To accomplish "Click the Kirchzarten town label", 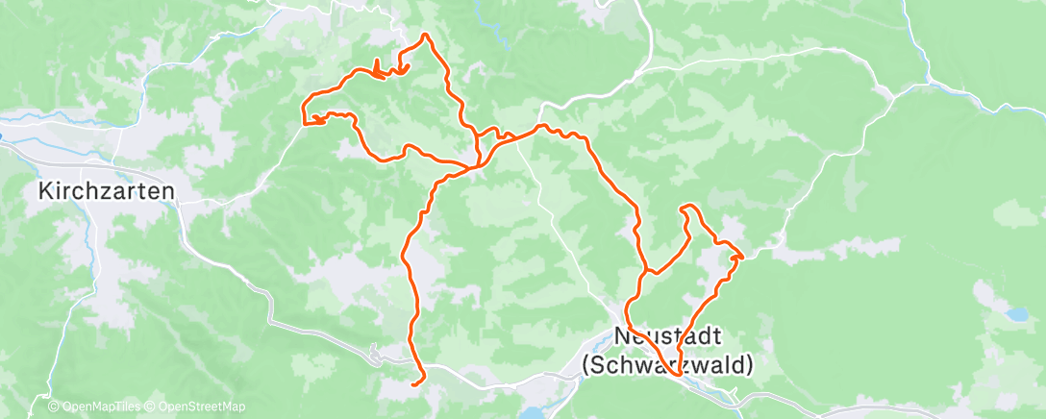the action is (107, 191).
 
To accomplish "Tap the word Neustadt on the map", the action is (667, 338).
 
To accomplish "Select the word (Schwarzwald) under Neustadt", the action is (667, 365).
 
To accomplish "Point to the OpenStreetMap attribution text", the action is (191, 407).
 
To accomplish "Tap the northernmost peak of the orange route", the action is (425, 36).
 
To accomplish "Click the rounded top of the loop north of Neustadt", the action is (686, 207).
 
